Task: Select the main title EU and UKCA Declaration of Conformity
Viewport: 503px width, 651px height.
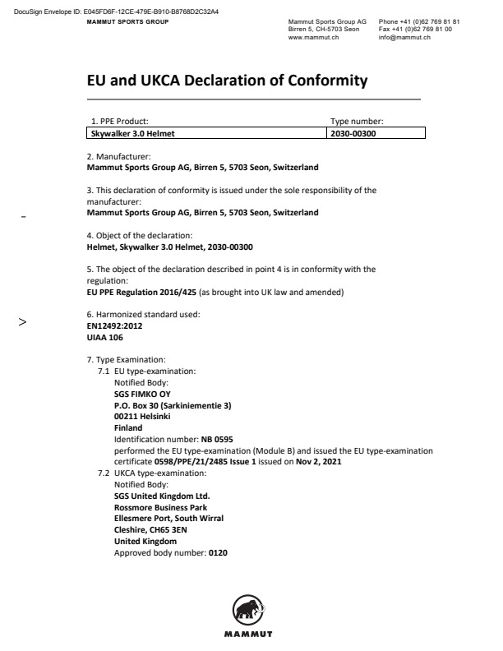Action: (227, 81)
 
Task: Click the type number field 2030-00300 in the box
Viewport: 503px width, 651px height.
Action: (353, 132)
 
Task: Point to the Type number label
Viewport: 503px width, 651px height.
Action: (357, 122)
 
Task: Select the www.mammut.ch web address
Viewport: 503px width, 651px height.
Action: (308, 38)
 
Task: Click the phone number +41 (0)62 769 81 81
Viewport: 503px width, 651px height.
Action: (430, 21)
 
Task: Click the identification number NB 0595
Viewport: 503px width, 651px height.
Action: (217, 441)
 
